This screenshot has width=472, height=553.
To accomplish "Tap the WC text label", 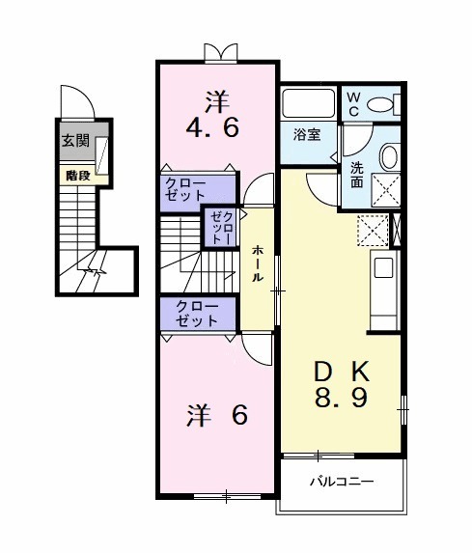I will point(353,103).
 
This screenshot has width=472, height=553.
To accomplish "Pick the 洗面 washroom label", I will point(357,174).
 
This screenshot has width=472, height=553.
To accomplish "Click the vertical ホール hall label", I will point(258,263).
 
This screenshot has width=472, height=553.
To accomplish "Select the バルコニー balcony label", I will point(341,480).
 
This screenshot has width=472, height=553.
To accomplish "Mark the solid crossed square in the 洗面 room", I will point(385,192).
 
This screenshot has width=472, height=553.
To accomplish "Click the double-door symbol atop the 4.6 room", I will point(218,51).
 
